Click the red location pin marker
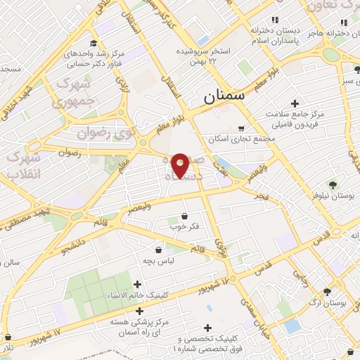(180, 166)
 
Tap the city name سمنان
(223, 98)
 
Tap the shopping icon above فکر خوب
(184, 216)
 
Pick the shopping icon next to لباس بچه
(157, 249)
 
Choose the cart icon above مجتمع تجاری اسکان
(241, 128)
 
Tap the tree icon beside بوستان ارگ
(327, 292)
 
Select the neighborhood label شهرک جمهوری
(70, 94)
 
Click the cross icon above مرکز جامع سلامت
(285, 104)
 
